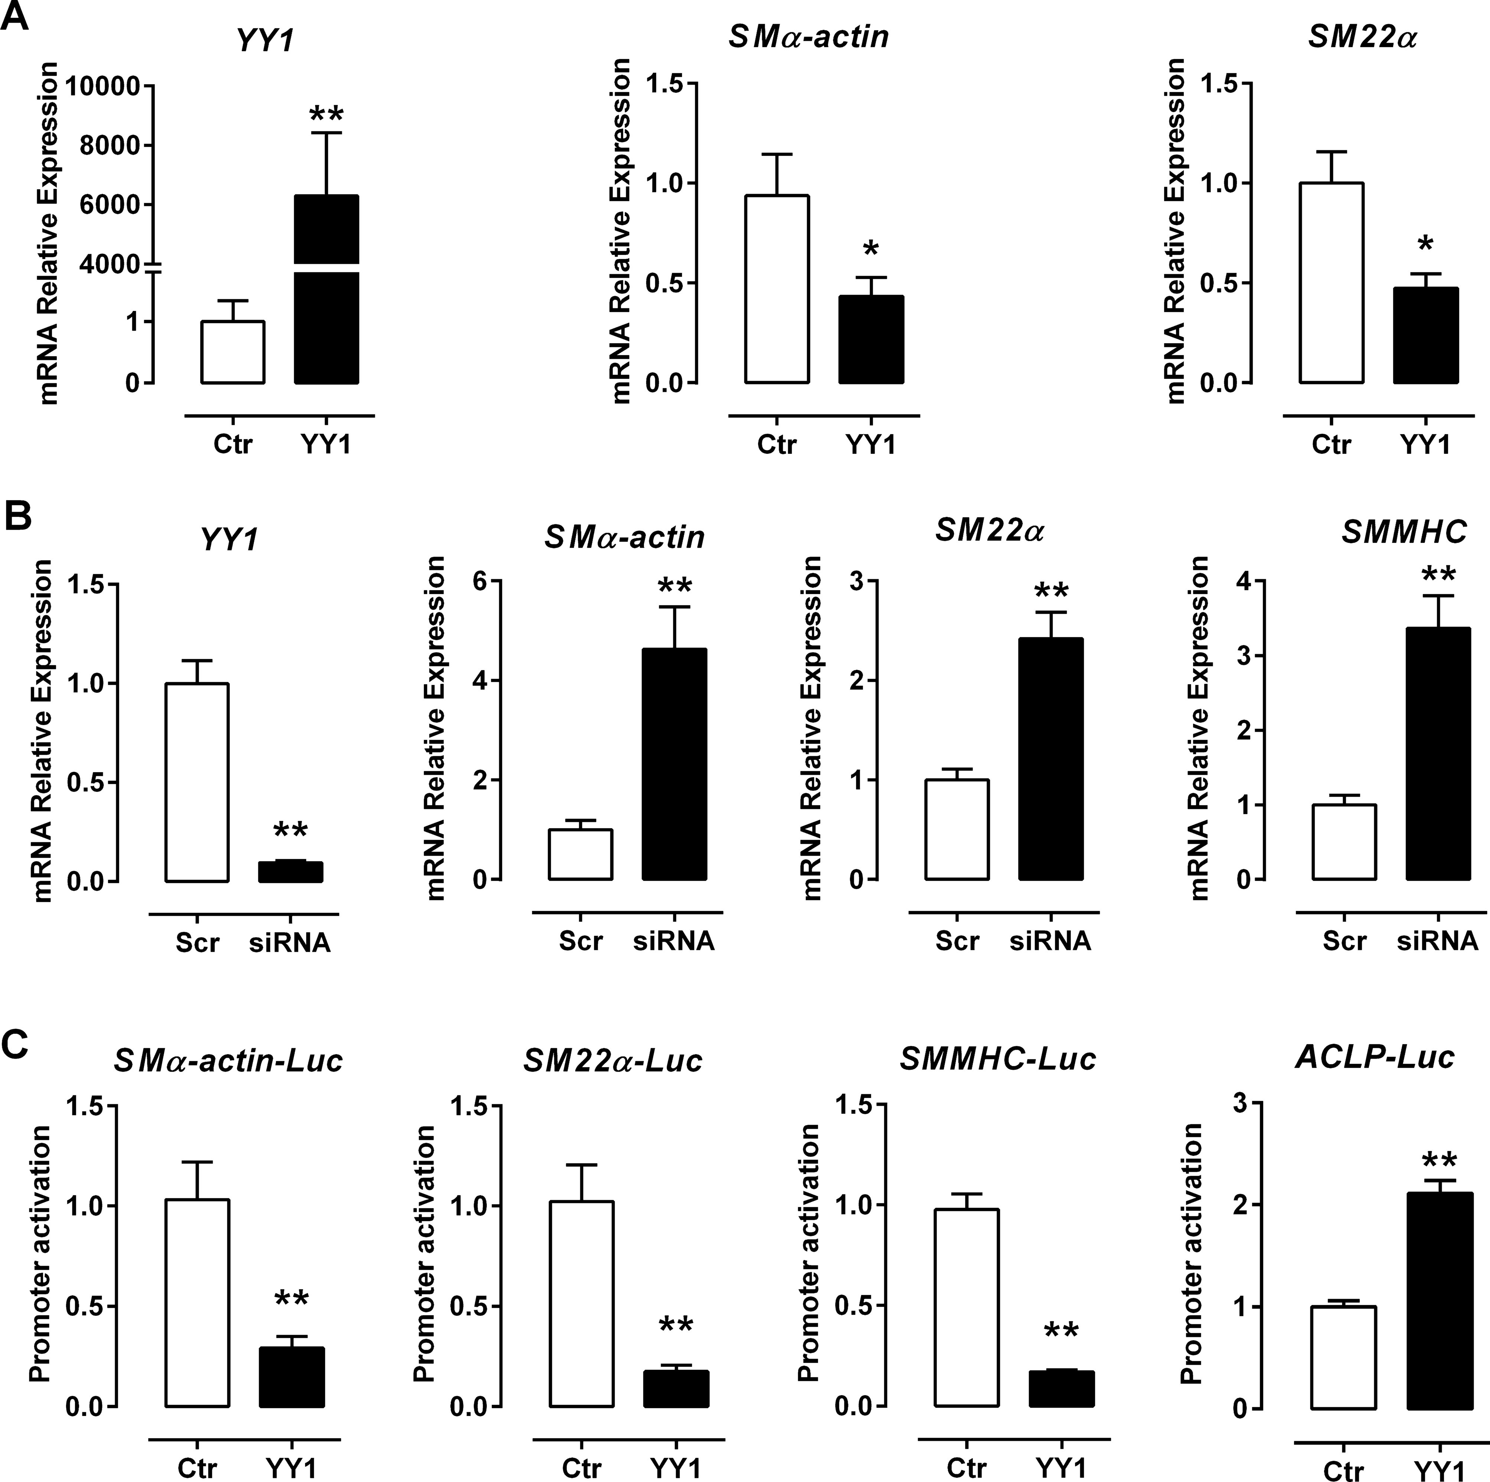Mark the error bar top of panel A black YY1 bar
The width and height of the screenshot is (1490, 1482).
click(x=326, y=134)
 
